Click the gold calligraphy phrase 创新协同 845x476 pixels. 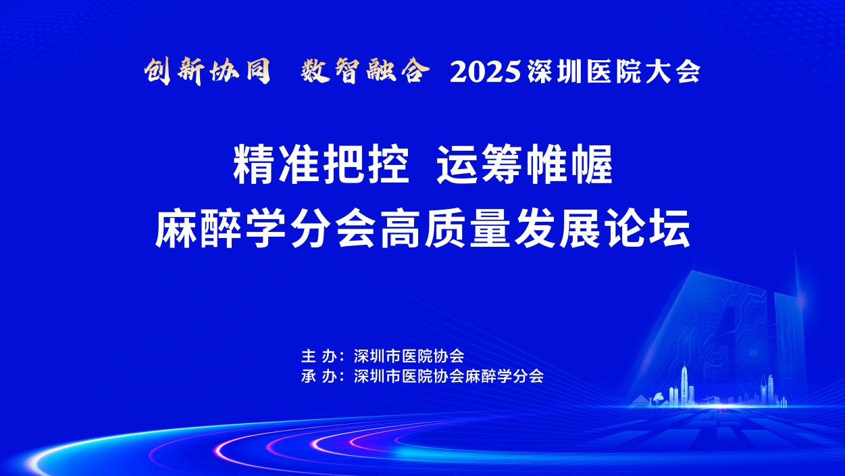coord(207,71)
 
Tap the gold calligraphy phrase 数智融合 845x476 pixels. coord(365,71)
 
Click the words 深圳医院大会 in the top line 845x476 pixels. coord(614,72)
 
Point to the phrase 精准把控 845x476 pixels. coord(322,165)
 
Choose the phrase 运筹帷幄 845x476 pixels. coord(525,165)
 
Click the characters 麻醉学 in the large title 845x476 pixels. coord(220,229)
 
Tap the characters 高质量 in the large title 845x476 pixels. coord(445,229)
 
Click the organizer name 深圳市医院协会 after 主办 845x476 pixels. coord(409,356)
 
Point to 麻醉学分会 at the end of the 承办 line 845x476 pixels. coord(504,376)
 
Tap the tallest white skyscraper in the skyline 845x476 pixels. coord(684,384)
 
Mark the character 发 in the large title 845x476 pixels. coord(534,229)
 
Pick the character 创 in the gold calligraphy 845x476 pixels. coord(159,71)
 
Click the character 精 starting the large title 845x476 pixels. coord(253,165)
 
